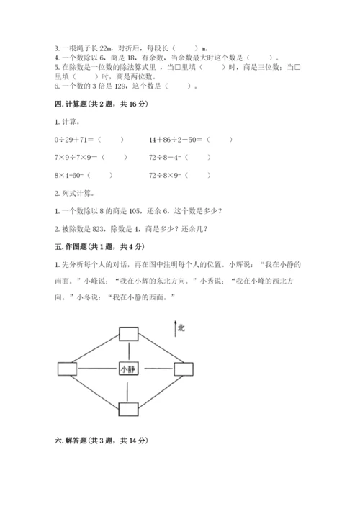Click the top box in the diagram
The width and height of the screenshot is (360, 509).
point(128,333)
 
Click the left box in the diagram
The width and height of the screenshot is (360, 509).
point(68,369)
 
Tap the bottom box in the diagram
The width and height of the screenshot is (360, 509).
point(128,410)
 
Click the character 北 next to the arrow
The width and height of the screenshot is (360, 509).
point(181,328)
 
